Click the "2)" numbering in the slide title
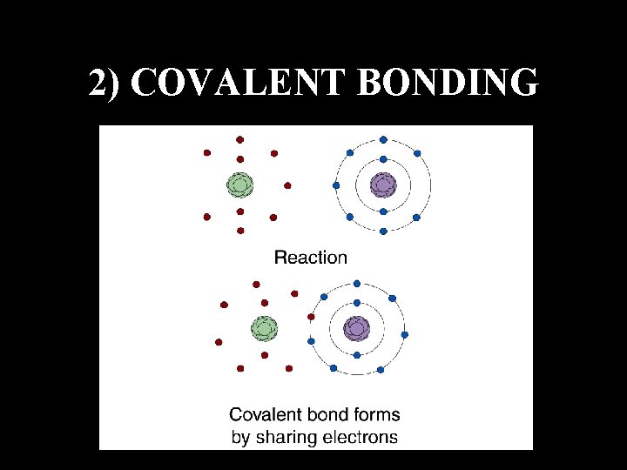tap(108, 83)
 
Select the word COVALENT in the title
tap(235, 83)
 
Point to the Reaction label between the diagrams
tap(311, 257)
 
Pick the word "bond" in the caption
tap(322, 415)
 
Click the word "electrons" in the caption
tap(359, 437)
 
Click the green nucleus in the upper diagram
tap(239, 185)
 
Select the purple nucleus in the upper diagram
tap(383, 185)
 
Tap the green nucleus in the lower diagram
tap(264, 328)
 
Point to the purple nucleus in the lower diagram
tap(356, 328)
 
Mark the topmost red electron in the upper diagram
tap(240, 139)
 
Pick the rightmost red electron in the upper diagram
tap(287, 185)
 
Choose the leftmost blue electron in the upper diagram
tap(336, 185)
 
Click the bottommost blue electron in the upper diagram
tap(383, 232)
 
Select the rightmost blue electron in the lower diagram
tap(404, 334)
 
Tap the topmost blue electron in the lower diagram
tap(356, 283)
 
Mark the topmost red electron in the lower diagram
tap(256, 284)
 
